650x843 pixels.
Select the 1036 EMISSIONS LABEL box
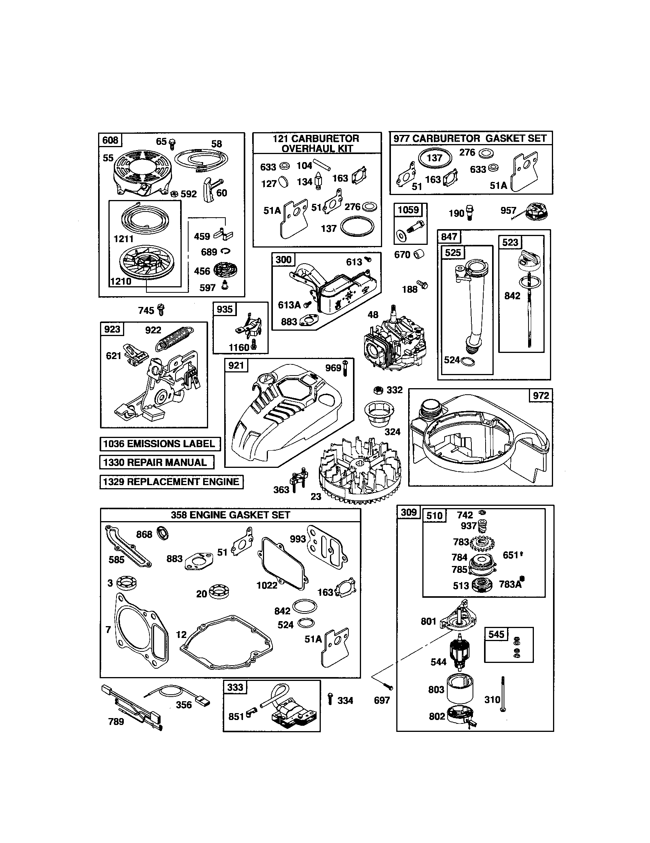(x=160, y=444)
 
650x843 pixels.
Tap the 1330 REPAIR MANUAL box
(x=156, y=463)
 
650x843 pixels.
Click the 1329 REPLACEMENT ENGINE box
(x=171, y=482)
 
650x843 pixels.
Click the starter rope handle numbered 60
(x=209, y=190)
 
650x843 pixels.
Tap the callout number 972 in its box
(x=540, y=396)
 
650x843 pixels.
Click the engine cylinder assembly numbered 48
(x=394, y=344)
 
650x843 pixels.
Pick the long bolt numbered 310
(x=503, y=695)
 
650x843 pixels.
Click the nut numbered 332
(x=378, y=390)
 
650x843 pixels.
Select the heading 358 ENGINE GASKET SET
(x=230, y=515)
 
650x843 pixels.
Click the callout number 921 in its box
(x=236, y=365)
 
